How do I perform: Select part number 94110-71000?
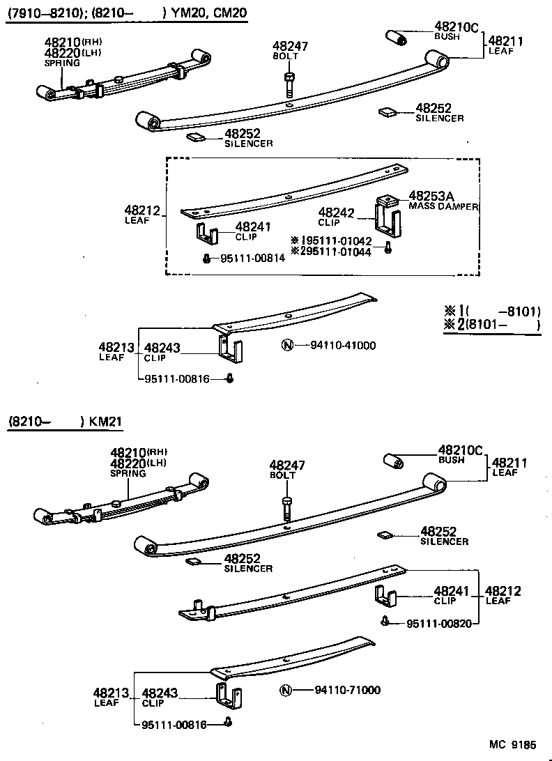pos(346,690)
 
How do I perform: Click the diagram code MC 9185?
pos(511,745)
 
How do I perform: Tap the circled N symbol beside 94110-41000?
pos(286,345)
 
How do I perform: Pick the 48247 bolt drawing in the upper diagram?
pos(289,84)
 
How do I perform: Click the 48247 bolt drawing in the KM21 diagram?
pos(286,507)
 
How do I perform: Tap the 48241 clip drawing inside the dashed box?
pos(206,235)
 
